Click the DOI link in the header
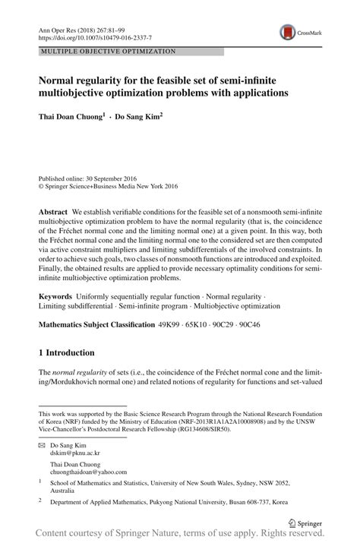click(94, 36)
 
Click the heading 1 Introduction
click(66, 353)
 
